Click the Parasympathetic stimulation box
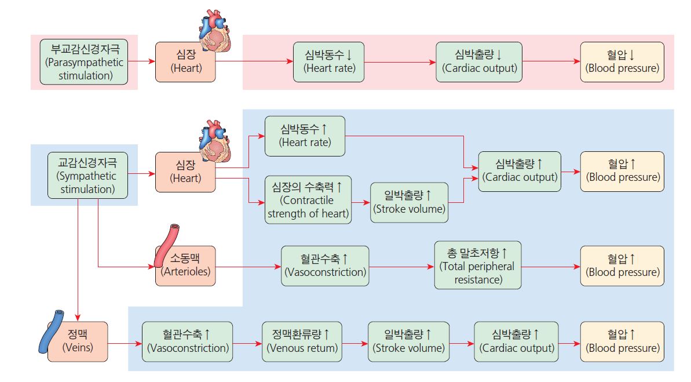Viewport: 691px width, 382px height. pyautogui.click(x=84, y=61)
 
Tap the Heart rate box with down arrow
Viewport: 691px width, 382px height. pyautogui.click(x=330, y=61)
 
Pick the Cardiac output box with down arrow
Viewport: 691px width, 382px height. pyautogui.click(x=479, y=61)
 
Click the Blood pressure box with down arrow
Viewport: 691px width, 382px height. pyautogui.click(x=622, y=61)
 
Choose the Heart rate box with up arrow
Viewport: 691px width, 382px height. pyautogui.click(x=305, y=136)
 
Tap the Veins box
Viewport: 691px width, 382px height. pyautogui.click(x=78, y=341)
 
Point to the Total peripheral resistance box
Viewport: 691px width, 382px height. pyautogui.click(x=477, y=266)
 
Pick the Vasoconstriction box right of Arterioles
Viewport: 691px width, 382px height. pyautogui.click(x=325, y=266)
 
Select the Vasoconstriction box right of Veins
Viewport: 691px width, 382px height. pyautogui.click(x=188, y=341)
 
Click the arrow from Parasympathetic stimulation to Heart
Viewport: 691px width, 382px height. pyautogui.click(x=141, y=61)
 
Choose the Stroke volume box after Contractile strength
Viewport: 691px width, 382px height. pyautogui.click(x=410, y=202)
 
